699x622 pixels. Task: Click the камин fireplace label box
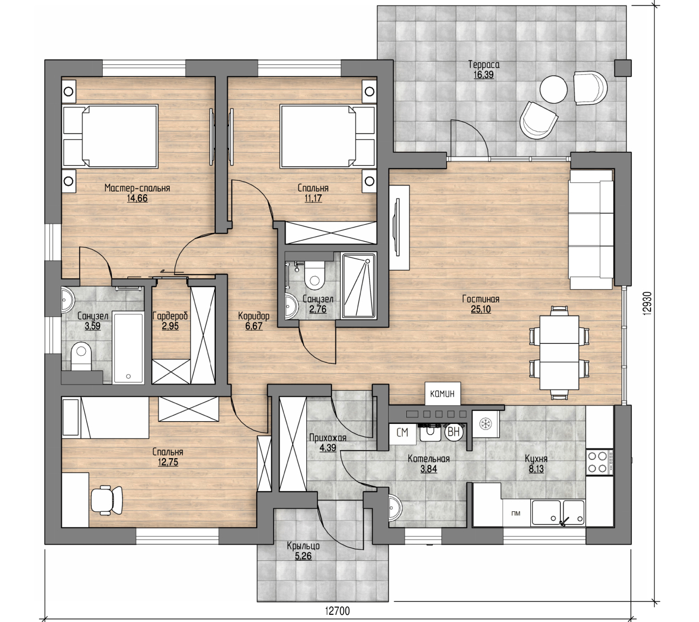click(x=442, y=393)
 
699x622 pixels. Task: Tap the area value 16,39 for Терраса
click(x=483, y=75)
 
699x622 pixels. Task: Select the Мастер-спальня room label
click(x=137, y=188)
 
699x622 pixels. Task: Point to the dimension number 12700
click(x=337, y=611)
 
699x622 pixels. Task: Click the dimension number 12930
click(x=648, y=303)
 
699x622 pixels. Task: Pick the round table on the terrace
click(x=553, y=89)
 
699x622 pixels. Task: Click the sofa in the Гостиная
click(x=591, y=229)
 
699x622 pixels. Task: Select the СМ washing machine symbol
click(x=402, y=433)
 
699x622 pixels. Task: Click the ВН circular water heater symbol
click(x=454, y=432)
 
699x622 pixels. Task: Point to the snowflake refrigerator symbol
click(x=485, y=424)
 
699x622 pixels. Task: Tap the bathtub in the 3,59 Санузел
click(x=128, y=347)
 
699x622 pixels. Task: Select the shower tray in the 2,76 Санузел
click(x=358, y=285)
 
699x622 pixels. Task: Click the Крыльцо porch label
click(x=303, y=546)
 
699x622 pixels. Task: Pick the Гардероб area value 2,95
click(x=170, y=326)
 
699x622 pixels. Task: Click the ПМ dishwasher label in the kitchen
click(x=516, y=514)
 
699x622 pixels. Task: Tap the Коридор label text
click(x=253, y=315)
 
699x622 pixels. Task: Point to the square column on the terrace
click(x=623, y=68)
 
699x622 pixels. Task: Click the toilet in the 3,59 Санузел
click(x=81, y=357)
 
